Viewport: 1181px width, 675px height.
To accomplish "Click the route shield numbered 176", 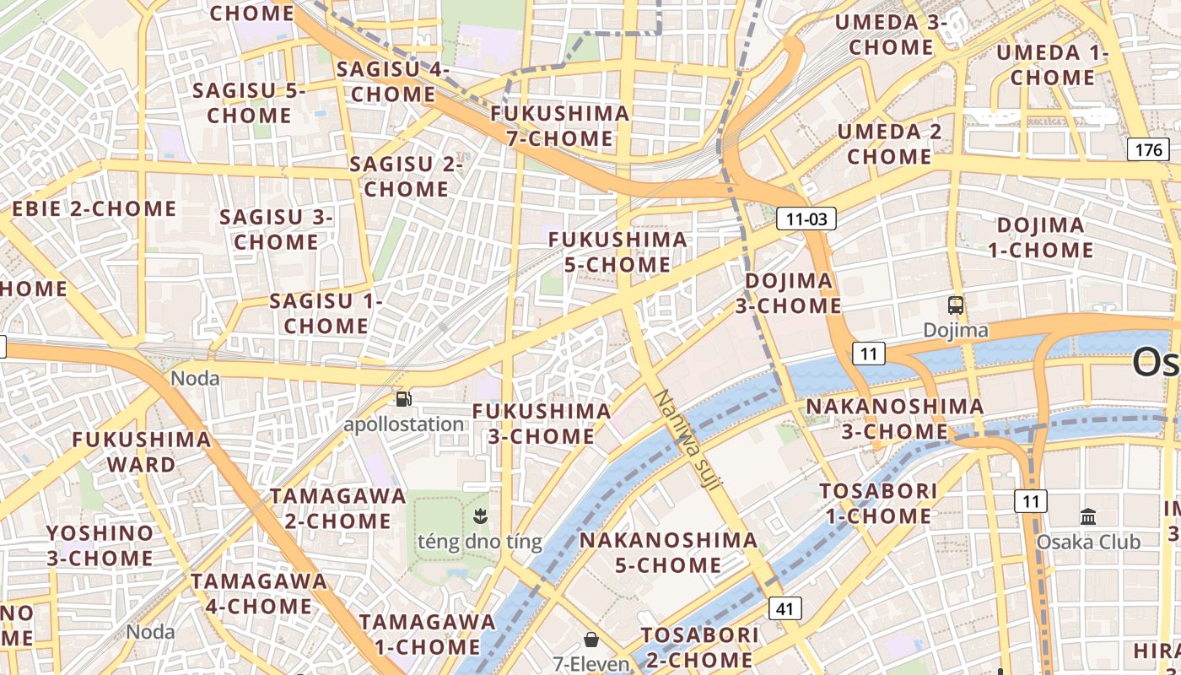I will (1148, 150).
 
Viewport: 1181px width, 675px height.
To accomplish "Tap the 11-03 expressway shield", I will (806, 219).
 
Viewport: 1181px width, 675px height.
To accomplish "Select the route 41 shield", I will (785, 607).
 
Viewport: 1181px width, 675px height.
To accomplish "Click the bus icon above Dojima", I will (955, 305).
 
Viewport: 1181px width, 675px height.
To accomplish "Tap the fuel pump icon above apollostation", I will (404, 398).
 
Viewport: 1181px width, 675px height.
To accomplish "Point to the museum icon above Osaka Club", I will (1088, 516).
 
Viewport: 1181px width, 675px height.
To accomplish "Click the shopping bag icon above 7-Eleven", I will (591, 640).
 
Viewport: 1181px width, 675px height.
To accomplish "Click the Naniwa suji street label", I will (688, 439).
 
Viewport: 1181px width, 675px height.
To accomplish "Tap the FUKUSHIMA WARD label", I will (142, 451).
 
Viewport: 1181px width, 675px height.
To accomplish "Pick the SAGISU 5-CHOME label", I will (249, 103).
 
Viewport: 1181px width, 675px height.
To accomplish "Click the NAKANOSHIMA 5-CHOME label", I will (668, 552).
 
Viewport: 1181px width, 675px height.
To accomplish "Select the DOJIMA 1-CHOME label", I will (1040, 238).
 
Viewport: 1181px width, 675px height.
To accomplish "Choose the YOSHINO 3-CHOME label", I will (100, 545).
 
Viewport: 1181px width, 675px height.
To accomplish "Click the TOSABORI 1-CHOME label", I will (878, 503).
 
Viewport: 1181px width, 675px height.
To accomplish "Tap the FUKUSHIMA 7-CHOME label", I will (560, 126).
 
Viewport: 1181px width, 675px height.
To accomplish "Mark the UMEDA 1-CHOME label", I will (1052, 65).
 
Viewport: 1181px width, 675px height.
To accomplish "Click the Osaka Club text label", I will (1088, 542).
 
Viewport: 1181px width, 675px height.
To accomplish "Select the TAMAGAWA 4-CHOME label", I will (259, 593).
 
